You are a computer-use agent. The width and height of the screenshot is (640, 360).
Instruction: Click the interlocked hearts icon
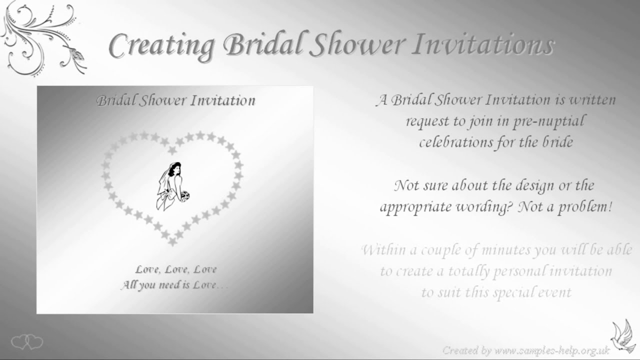27,342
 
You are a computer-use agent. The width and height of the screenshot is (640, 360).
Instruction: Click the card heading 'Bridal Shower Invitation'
175,100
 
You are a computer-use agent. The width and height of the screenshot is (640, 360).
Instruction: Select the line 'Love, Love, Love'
175,269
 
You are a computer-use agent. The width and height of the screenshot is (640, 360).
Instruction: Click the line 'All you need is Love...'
174,285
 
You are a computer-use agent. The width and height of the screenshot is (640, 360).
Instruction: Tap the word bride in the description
556,142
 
